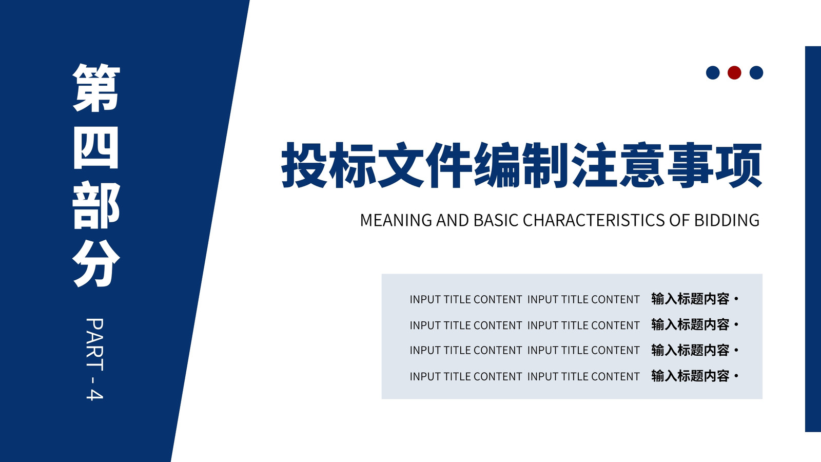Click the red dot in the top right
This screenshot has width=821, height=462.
pyautogui.click(x=734, y=72)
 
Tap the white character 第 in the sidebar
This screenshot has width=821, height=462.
pyautogui.click(x=96, y=88)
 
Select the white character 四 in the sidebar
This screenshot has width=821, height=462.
pyautogui.click(x=96, y=148)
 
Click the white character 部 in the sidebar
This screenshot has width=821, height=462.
pyautogui.click(x=96, y=205)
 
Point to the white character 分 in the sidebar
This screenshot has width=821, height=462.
pyautogui.click(x=96, y=264)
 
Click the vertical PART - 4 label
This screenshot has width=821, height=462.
pyautogui.click(x=94, y=359)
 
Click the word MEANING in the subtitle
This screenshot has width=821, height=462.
pyautogui.click(x=396, y=220)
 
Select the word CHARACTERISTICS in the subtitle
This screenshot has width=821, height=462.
pyautogui.click(x=594, y=220)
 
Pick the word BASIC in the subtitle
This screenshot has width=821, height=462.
pyautogui.click(x=496, y=220)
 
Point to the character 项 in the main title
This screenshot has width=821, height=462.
pyautogui.click(x=739, y=165)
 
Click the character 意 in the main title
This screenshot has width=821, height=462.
pyautogui.click(x=642, y=165)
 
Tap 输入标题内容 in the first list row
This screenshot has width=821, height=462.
pyautogui.click(x=690, y=299)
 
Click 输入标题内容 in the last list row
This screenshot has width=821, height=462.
pyautogui.click(x=690, y=376)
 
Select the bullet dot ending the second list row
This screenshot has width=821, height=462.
pyautogui.click(x=736, y=325)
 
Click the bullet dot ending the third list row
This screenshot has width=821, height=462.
pyautogui.click(x=736, y=351)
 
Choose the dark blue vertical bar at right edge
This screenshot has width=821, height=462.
pyautogui.click(x=813, y=239)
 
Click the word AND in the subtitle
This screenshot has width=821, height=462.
pyautogui.click(x=453, y=220)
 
